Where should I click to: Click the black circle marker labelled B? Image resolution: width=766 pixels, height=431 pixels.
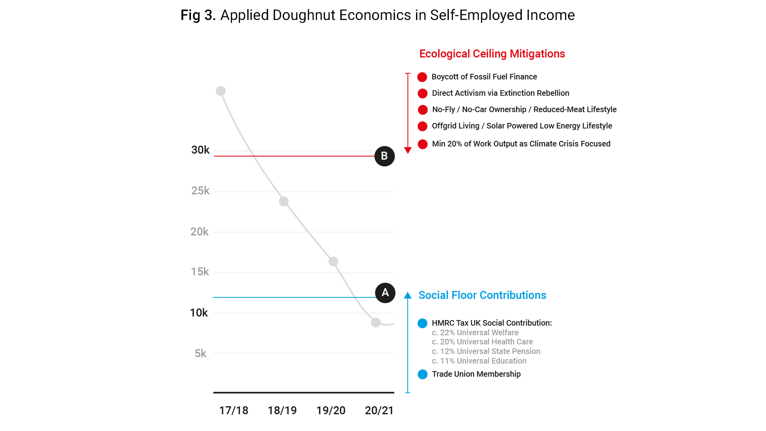[384, 156]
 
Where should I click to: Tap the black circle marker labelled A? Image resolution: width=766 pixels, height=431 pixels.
[385, 293]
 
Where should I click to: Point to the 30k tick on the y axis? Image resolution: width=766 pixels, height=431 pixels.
[200, 150]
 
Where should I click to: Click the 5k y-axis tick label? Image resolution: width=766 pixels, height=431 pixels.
[200, 354]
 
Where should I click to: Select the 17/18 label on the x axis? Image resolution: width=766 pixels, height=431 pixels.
[233, 410]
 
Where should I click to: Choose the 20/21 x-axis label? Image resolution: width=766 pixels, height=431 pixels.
[379, 410]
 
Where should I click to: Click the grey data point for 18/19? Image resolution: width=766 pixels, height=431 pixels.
[284, 202]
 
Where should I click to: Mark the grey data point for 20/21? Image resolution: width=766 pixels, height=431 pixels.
[376, 322]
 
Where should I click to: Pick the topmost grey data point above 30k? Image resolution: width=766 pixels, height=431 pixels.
[221, 91]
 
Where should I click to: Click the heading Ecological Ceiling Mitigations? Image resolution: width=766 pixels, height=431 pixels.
[492, 54]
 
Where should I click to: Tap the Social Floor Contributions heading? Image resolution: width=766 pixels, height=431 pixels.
[482, 295]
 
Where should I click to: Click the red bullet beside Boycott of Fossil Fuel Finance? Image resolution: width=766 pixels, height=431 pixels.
[422, 77]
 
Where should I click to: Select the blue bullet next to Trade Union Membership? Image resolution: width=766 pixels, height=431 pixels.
[422, 374]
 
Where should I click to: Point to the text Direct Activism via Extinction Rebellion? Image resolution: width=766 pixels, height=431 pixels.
[500, 93]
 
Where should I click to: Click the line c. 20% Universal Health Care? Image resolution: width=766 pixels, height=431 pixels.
[482, 342]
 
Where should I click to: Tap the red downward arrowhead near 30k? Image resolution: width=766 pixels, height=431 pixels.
[408, 150]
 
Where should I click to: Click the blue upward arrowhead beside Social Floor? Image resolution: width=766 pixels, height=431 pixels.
[408, 296]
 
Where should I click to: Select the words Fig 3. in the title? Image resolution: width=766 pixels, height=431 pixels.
[198, 15]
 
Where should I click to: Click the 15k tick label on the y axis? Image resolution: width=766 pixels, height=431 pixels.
[200, 272]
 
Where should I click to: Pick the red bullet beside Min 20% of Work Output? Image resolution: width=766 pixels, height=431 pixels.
[422, 144]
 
